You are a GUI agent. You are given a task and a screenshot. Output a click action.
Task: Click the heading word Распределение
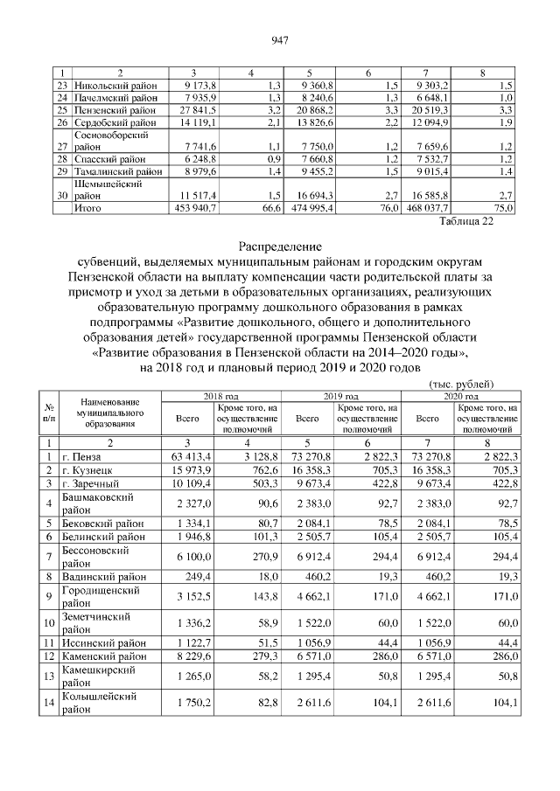(280, 246)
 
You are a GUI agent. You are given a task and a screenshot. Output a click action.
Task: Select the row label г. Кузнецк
(90, 469)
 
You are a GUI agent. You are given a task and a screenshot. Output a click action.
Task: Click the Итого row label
(87, 208)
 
